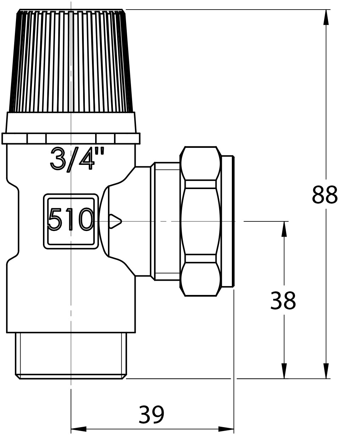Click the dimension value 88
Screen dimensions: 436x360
pyautogui.click(x=324, y=195)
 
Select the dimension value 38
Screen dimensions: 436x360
pyautogui.click(x=283, y=301)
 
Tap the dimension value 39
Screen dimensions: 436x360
pyautogui.click(x=151, y=415)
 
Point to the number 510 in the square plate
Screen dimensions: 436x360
pyautogui.click(x=71, y=220)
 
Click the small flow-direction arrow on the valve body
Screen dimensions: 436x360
pyautogui.click(x=115, y=221)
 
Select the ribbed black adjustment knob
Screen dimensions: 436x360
pyautogui.click(x=71, y=60)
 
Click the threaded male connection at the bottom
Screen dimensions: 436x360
pyautogui.click(x=71, y=355)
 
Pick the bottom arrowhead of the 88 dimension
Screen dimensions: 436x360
pyautogui.click(x=326, y=371)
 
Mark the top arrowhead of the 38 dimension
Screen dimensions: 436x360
pyautogui.click(x=284, y=229)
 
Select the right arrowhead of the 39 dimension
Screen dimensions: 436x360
pyautogui.click(x=226, y=429)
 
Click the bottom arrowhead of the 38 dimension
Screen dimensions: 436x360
pyautogui.click(x=284, y=371)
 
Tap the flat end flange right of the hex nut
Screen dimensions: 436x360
pyautogui.click(x=227, y=221)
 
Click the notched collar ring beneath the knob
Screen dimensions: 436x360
pyautogui.click(x=71, y=138)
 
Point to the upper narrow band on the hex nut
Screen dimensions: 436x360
pyautogui.click(x=200, y=184)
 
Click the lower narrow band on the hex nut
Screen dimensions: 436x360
pyautogui.click(x=200, y=258)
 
